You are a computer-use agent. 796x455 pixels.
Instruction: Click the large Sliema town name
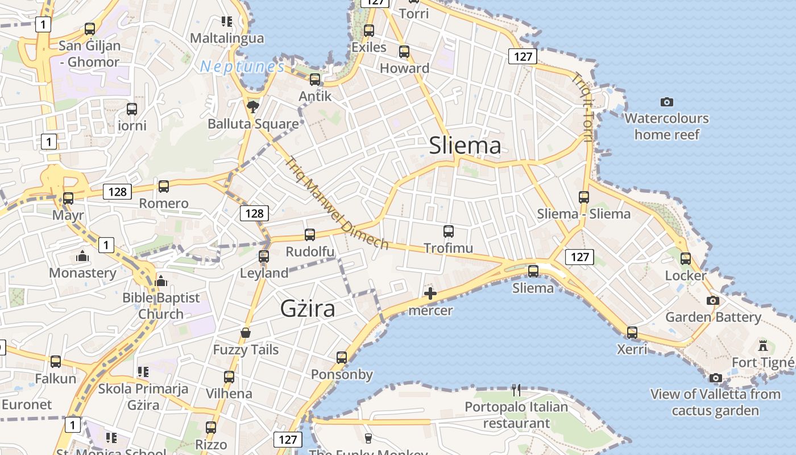click(465, 146)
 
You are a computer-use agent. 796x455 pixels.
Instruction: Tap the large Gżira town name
click(308, 308)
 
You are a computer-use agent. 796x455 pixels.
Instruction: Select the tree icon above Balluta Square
click(252, 106)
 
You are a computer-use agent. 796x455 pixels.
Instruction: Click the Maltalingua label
click(227, 38)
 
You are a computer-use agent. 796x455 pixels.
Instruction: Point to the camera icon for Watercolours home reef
click(667, 102)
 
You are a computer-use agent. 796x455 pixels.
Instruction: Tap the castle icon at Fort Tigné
click(763, 345)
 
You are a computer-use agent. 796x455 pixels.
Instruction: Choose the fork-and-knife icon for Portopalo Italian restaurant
click(516, 390)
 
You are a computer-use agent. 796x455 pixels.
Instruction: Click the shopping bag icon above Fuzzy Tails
click(246, 332)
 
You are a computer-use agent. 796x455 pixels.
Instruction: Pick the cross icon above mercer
click(430, 293)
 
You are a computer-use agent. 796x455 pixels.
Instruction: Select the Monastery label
click(82, 272)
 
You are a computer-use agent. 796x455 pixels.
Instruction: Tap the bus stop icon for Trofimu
click(449, 231)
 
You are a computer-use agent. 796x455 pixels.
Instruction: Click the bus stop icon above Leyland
click(264, 256)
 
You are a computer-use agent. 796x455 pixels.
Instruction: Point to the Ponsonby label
click(342, 374)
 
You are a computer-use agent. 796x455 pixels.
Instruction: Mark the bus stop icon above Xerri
click(632, 332)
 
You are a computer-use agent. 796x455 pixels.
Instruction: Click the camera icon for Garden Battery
click(713, 300)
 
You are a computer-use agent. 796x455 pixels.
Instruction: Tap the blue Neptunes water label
click(242, 67)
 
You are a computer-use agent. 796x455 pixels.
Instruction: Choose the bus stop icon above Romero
click(164, 186)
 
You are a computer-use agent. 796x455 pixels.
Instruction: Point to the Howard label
click(404, 68)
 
